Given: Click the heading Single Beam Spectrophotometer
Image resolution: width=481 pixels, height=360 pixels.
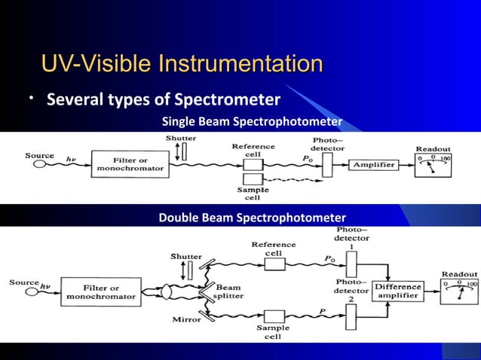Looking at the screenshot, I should [x=252, y=122].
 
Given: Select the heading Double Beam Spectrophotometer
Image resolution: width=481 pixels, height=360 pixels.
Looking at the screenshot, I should [x=252, y=218].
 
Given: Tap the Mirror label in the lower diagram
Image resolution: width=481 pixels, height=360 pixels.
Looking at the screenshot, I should [x=186, y=319].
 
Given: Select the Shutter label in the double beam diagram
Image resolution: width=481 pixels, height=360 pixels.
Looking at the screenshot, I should [x=185, y=256].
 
